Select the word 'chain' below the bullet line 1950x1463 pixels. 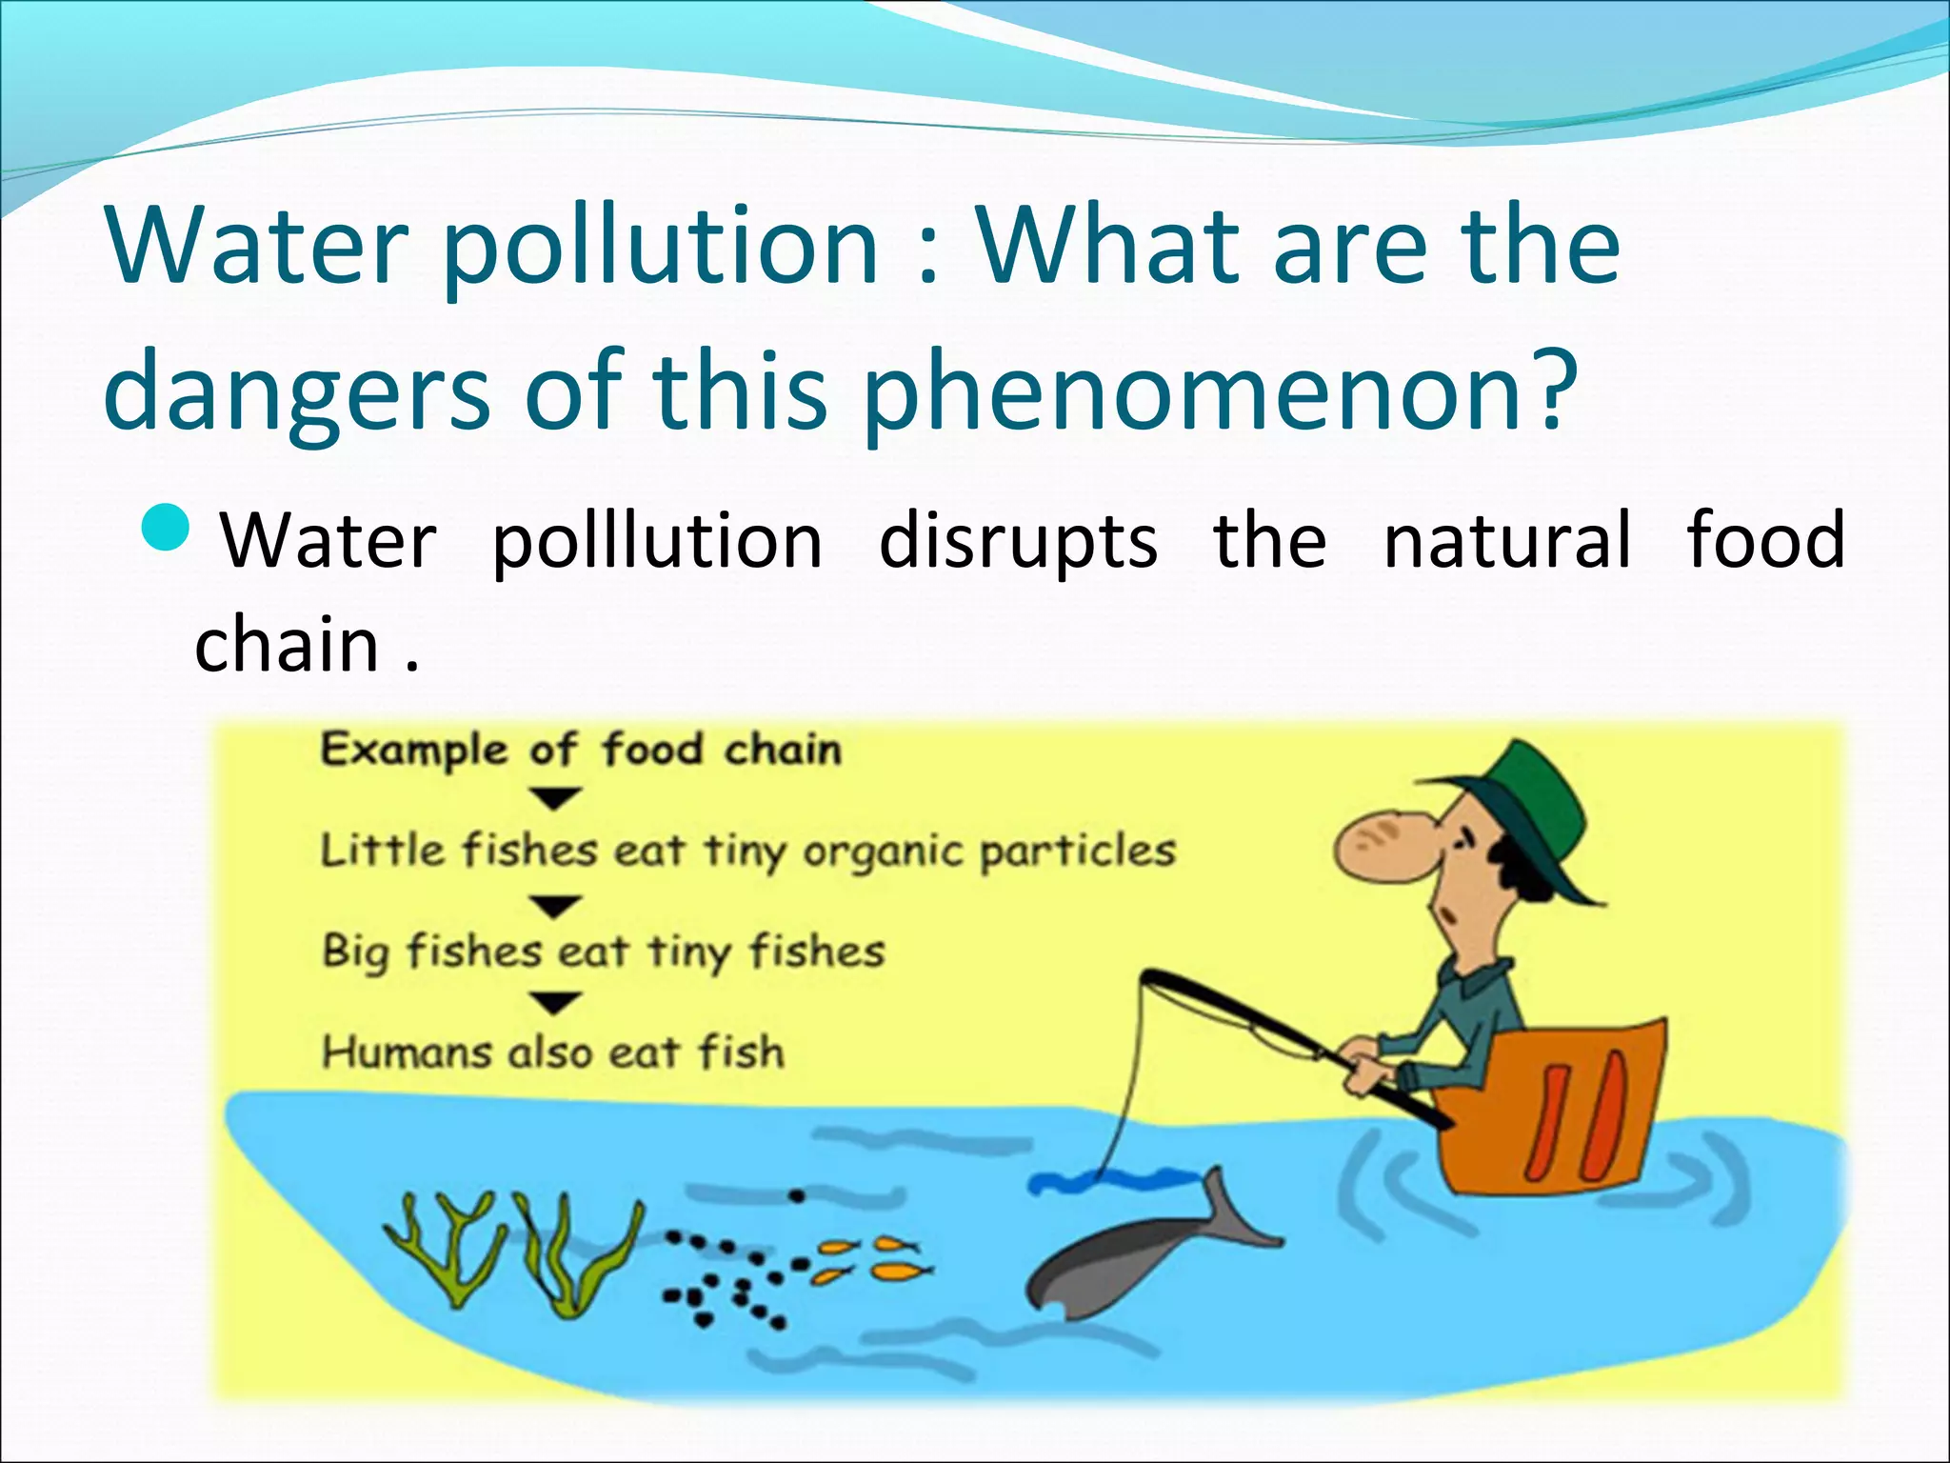(287, 646)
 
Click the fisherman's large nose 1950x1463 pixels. (1371, 845)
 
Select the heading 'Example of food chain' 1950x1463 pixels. (581, 750)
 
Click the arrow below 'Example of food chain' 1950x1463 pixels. (555, 798)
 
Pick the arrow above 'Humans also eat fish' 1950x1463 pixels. (555, 1003)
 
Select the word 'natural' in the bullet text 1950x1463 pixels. (1506, 541)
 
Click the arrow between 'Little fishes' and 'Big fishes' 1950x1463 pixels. (555, 905)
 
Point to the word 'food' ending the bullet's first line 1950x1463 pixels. (1765, 541)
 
